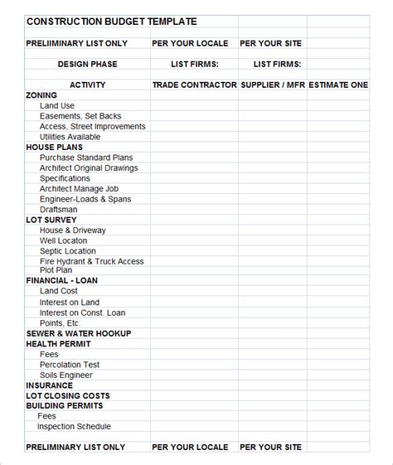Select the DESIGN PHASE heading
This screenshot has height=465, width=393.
click(x=87, y=64)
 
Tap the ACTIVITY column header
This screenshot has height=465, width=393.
click(x=87, y=85)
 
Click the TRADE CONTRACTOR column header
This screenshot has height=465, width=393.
click(x=194, y=85)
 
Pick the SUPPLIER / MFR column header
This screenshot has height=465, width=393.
click(x=273, y=85)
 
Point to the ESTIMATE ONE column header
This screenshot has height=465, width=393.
click(x=338, y=85)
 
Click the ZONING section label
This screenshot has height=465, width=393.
click(x=41, y=95)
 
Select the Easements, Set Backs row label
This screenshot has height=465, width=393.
click(x=81, y=116)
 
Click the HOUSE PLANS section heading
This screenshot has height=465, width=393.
click(x=55, y=147)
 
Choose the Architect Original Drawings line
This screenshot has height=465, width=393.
click(x=89, y=167)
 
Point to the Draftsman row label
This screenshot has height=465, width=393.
click(x=58, y=210)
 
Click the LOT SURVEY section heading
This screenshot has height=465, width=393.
click(x=51, y=220)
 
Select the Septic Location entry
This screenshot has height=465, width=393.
click(x=68, y=250)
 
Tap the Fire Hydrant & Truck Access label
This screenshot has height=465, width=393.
click(x=91, y=261)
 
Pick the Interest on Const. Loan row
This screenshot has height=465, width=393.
click(x=82, y=312)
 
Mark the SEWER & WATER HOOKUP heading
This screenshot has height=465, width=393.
click(x=79, y=333)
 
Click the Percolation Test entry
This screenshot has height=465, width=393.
click(x=70, y=364)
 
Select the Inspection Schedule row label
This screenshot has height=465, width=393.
click(x=74, y=426)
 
